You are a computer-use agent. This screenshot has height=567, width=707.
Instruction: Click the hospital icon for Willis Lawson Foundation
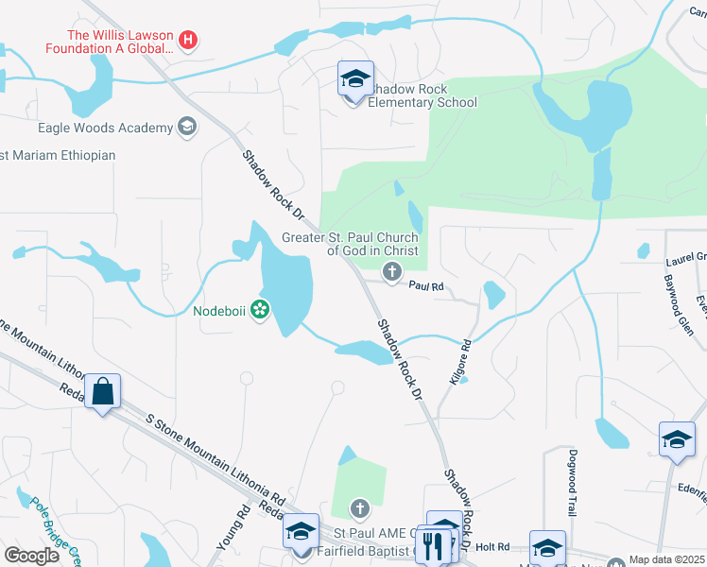tap(189, 40)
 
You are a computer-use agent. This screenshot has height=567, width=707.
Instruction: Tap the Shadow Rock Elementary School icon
tap(355, 79)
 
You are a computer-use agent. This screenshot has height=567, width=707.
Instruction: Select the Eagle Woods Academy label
tap(105, 128)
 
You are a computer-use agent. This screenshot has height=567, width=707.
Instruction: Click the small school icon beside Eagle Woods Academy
tap(187, 127)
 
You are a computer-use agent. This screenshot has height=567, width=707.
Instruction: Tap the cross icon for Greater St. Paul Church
tap(391, 273)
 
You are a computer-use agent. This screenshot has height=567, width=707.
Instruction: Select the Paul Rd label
tap(426, 286)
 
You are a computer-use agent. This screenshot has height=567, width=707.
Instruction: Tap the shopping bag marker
tap(102, 391)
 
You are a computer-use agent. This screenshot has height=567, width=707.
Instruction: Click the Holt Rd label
tap(492, 546)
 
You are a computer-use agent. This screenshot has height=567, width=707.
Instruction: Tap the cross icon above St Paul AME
tap(359, 509)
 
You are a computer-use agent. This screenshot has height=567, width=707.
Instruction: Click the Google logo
tap(32, 556)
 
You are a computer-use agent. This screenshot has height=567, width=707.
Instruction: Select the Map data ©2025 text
tap(666, 559)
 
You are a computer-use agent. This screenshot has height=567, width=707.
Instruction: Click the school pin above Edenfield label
tap(677, 439)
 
